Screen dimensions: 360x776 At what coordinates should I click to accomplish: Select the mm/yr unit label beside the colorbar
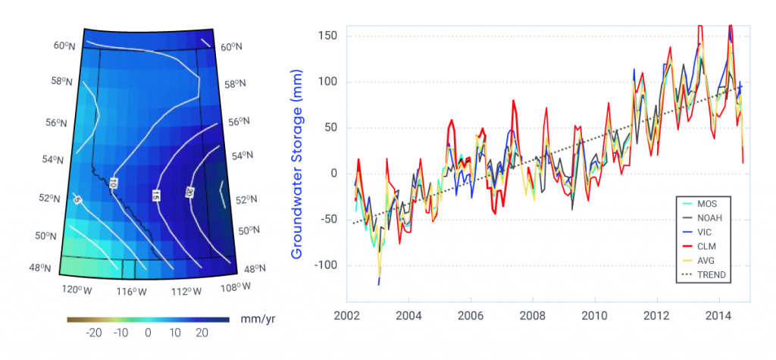252,320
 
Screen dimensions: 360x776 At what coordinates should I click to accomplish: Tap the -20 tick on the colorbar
94,333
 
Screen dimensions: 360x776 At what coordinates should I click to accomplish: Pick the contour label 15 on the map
156,196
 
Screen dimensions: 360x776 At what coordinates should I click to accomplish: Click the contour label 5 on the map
77,199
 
